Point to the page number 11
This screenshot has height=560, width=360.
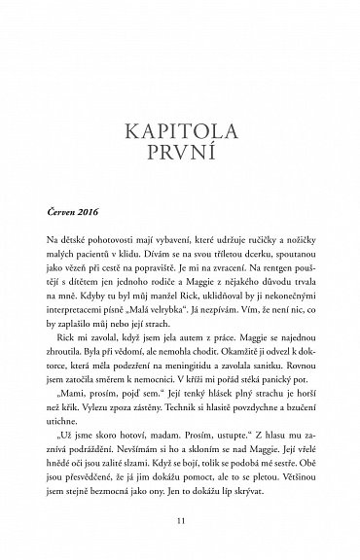179,520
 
